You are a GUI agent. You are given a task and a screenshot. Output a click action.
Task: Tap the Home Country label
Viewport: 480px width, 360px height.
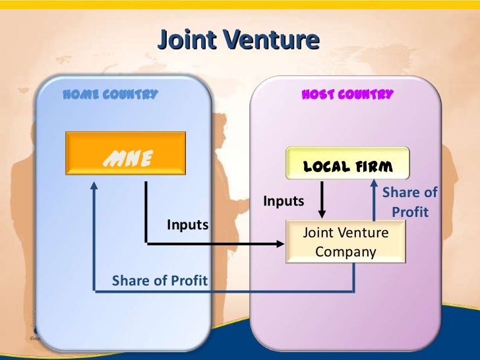coord(110,94)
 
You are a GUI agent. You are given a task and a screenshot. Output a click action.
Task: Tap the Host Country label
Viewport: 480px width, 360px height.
coord(347,94)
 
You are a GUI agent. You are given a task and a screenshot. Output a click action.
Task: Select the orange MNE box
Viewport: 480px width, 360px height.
coord(125,153)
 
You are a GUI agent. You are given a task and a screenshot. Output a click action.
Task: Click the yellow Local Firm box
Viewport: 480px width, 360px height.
coord(347,164)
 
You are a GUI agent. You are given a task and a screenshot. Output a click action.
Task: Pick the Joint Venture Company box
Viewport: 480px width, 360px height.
coord(345,242)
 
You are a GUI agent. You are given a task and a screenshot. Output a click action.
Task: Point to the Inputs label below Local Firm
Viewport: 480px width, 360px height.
coord(284,201)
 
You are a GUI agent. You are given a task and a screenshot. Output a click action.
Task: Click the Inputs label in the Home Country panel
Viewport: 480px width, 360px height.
coord(187,225)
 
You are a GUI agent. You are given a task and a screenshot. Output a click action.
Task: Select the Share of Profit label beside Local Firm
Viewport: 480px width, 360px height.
coord(409,202)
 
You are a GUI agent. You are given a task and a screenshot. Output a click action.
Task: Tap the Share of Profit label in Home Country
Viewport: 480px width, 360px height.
coord(160,281)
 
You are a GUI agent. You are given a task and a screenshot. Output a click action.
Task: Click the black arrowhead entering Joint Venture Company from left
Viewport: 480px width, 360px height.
coord(281,244)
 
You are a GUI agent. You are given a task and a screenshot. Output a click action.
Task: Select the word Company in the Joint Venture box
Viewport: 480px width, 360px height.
coord(345,251)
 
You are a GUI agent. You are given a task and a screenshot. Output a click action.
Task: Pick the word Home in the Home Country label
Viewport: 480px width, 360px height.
coord(78,94)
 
